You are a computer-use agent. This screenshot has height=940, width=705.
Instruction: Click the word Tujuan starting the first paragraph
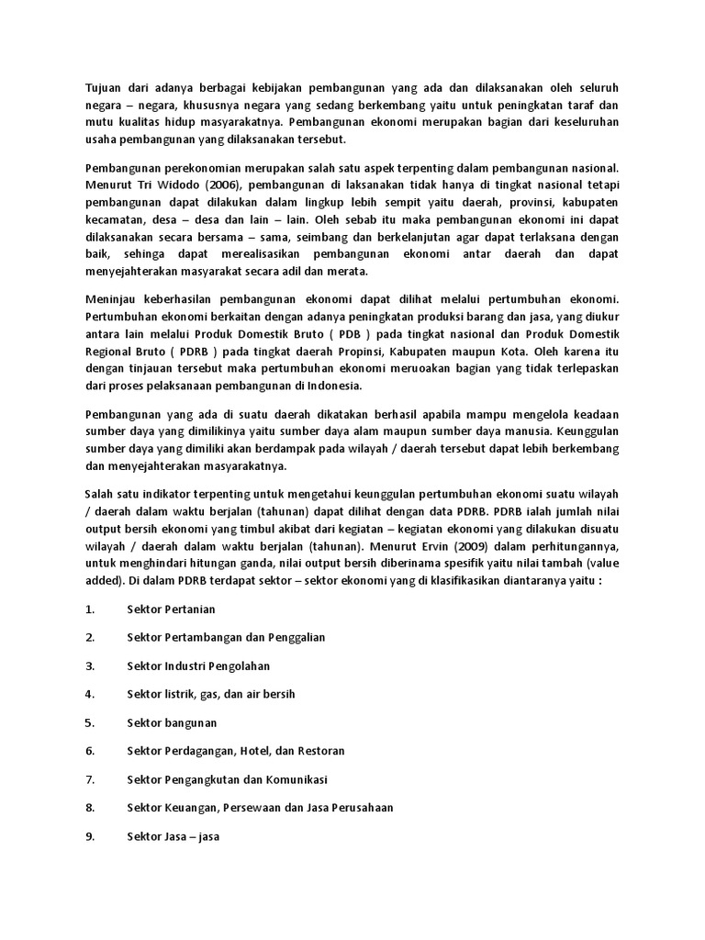pyautogui.click(x=103, y=87)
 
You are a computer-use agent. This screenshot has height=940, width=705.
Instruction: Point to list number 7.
pyautogui.click(x=90, y=779)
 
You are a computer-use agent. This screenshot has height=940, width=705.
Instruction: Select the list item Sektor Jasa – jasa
pyautogui.click(x=173, y=836)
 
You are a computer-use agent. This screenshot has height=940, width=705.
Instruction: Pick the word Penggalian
pyautogui.click(x=294, y=637)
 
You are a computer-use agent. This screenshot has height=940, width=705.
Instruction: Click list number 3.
pyautogui.click(x=90, y=666)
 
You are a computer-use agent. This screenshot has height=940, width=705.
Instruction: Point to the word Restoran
pyautogui.click(x=320, y=751)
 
